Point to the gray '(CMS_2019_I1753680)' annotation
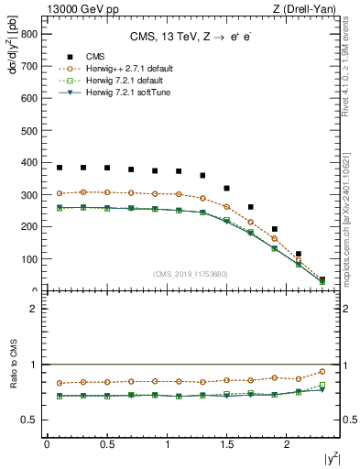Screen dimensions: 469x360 click(x=191, y=274)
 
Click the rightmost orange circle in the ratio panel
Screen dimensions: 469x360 click(x=322, y=371)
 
